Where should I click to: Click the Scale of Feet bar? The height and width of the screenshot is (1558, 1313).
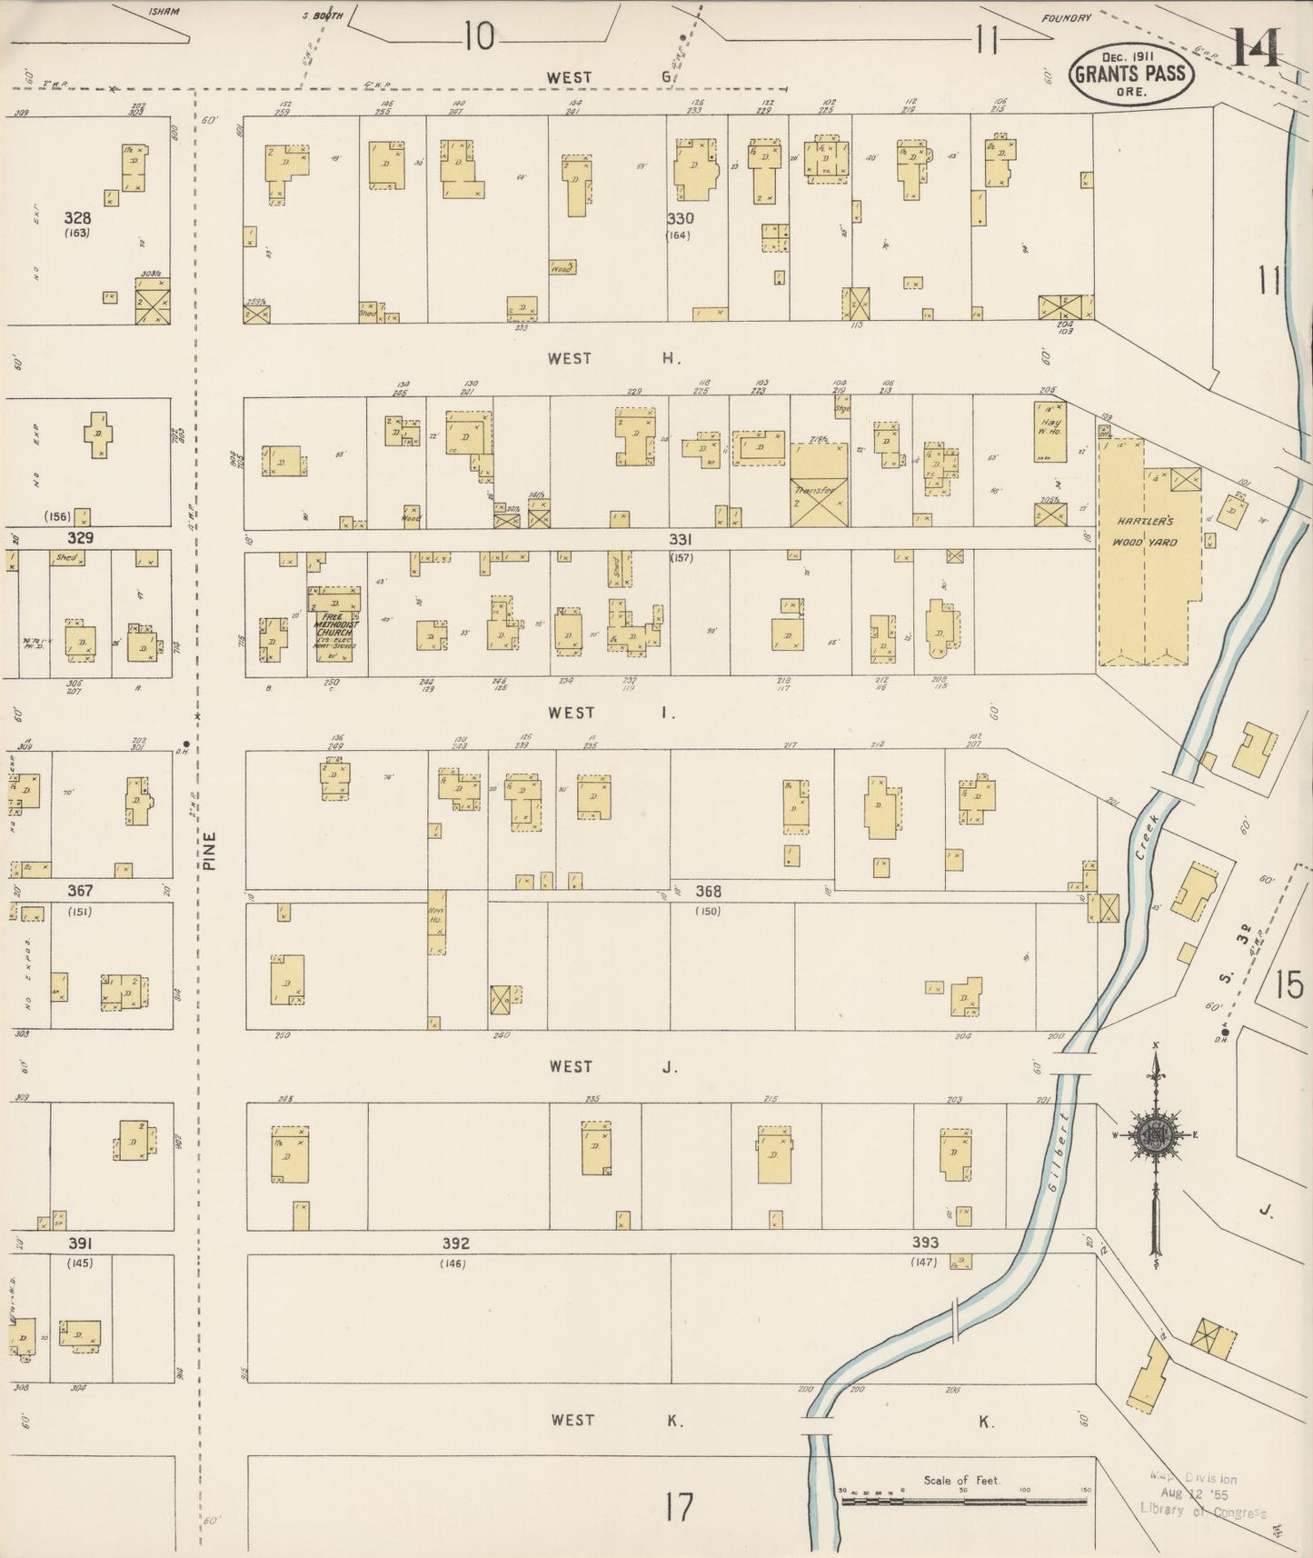click(x=964, y=1501)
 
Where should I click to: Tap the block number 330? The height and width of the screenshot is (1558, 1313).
click(x=680, y=219)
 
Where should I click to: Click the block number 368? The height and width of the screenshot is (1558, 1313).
click(x=709, y=892)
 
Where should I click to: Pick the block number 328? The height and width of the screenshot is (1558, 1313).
click(x=77, y=218)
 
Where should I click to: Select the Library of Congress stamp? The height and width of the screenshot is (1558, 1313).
click(x=1202, y=1494)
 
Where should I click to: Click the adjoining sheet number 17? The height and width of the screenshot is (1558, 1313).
click(x=679, y=1507)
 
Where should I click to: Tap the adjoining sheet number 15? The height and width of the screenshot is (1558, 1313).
click(x=1288, y=985)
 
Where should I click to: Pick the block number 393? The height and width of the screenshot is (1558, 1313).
click(x=925, y=1243)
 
